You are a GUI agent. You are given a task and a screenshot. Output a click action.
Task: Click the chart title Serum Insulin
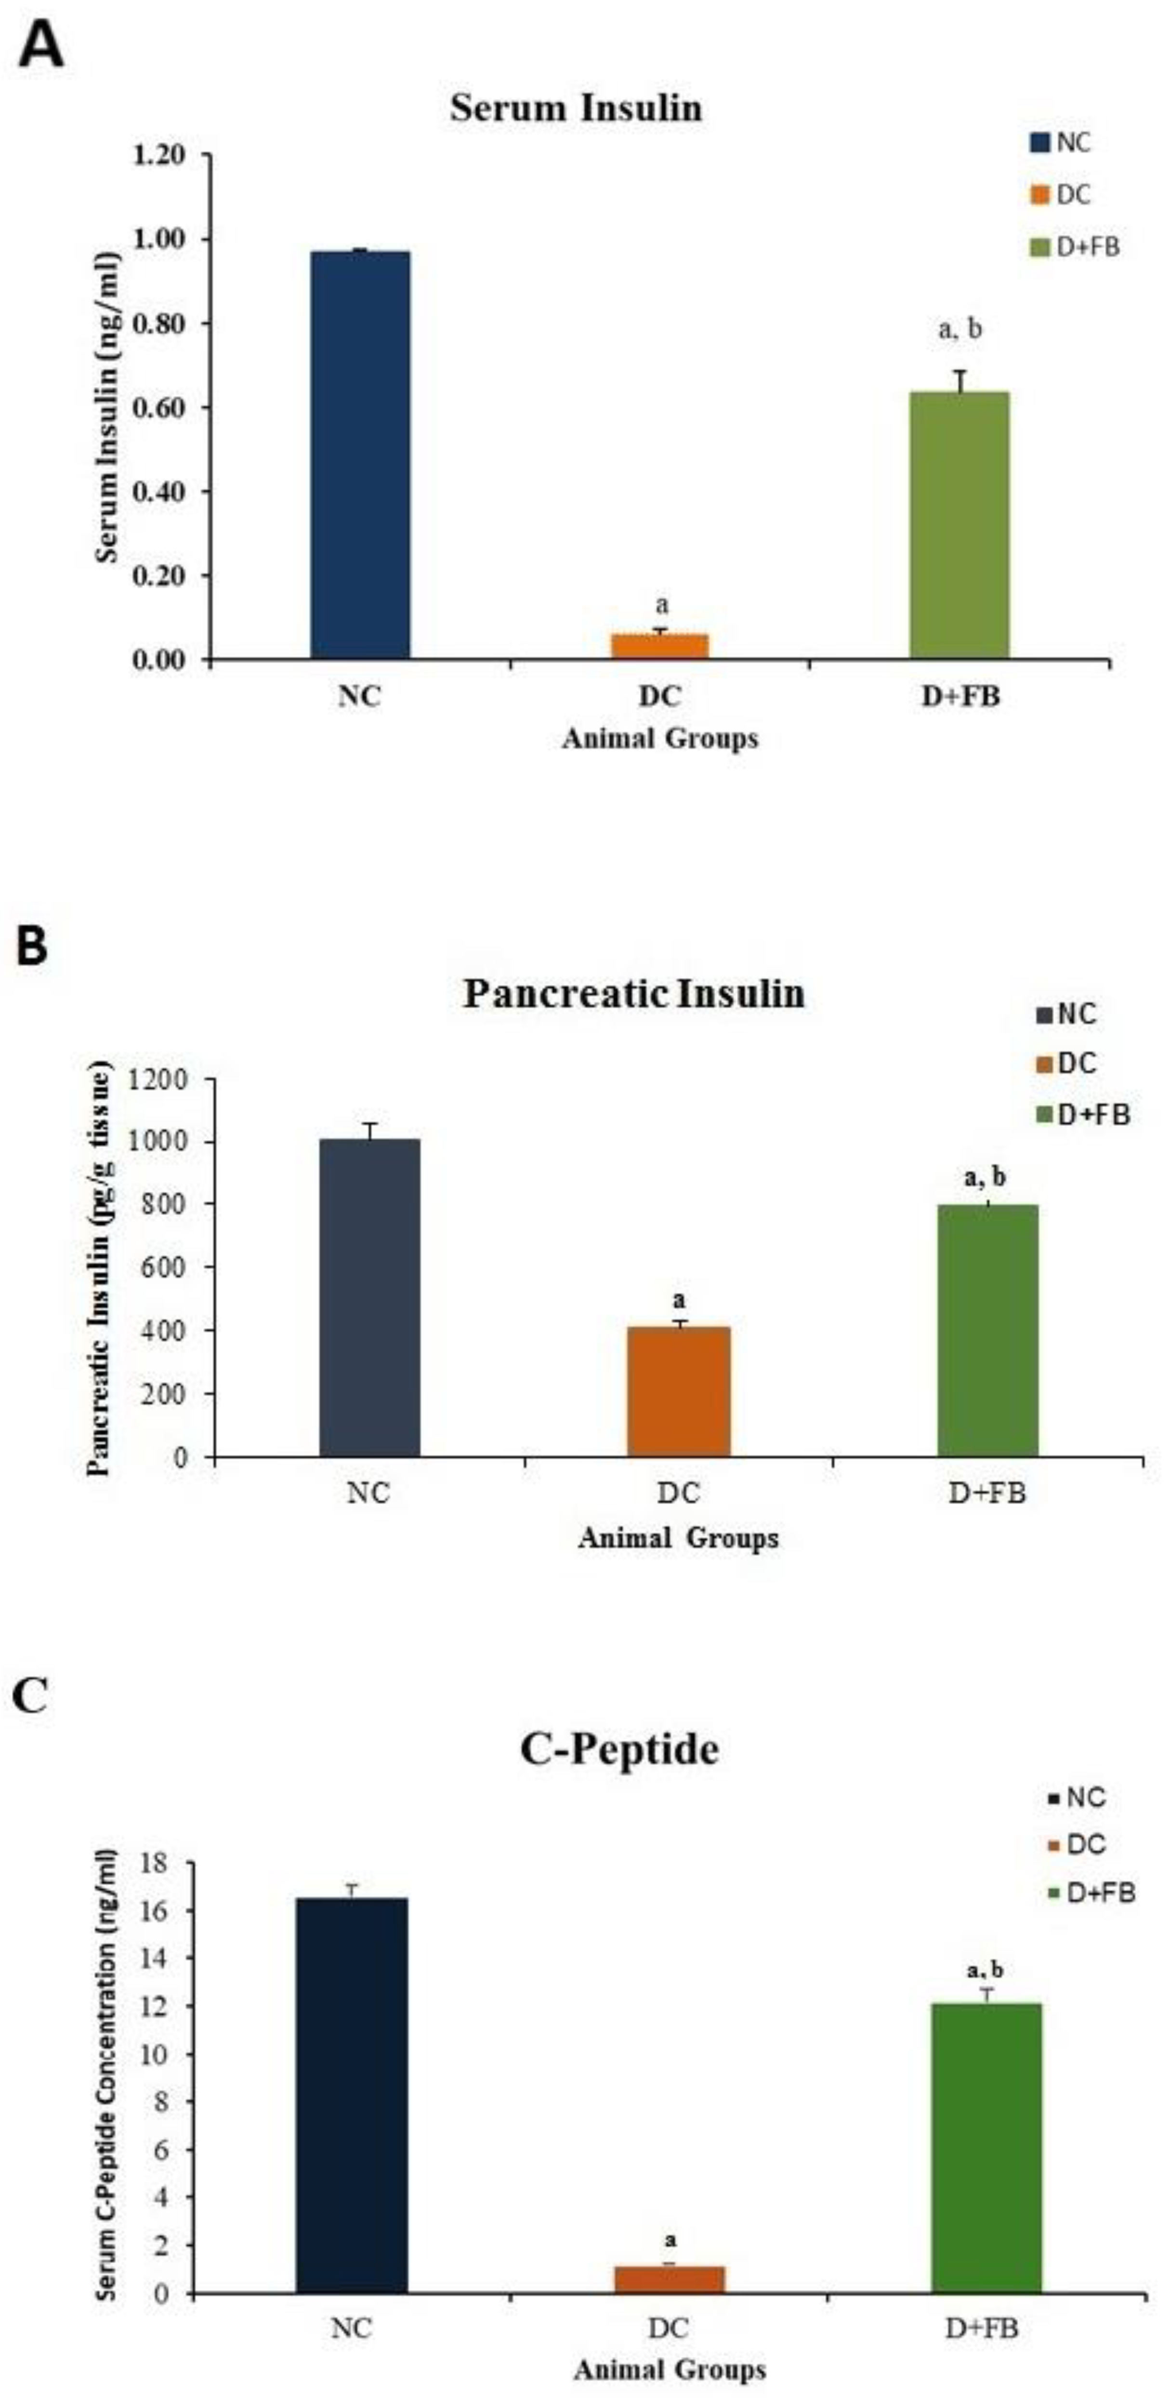[576, 108]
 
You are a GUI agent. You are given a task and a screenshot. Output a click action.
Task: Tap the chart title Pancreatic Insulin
[633, 993]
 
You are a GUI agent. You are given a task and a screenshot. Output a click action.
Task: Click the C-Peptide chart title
[619, 1749]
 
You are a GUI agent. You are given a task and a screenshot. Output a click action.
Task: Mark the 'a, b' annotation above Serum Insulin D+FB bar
[959, 329]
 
